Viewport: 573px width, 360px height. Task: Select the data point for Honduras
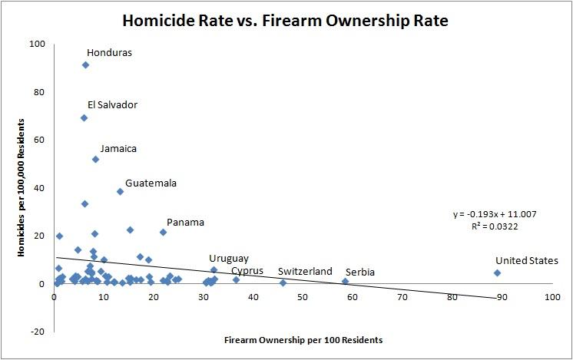85,65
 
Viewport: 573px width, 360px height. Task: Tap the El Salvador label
112,104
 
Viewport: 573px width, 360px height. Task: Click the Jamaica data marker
95,159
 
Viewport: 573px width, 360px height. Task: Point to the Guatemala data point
120,191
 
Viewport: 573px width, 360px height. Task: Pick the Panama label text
185,223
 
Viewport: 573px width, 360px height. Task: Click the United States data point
497,272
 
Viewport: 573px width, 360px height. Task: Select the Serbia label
360,272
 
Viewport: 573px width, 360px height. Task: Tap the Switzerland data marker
283,282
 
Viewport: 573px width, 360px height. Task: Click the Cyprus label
247,271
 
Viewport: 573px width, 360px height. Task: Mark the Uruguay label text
229,259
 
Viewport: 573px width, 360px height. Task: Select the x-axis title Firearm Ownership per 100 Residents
303,339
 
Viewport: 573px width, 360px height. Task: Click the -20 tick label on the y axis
37,331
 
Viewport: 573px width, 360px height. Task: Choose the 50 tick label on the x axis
303,297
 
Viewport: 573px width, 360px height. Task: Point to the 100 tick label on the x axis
551,297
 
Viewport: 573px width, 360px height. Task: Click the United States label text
526,261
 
